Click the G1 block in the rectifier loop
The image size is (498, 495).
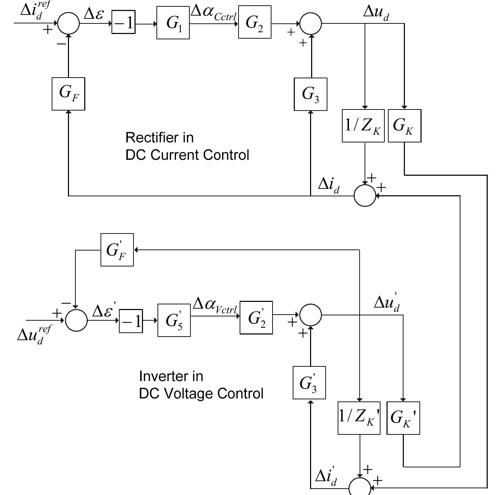(173, 23)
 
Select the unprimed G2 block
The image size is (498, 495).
(254, 22)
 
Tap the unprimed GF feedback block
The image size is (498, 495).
(68, 94)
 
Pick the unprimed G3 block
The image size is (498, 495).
(310, 94)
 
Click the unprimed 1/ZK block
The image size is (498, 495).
(363, 126)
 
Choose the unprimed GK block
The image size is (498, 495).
(405, 126)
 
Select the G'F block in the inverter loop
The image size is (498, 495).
(117, 250)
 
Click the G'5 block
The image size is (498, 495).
(174, 320)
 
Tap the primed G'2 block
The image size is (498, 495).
(256, 318)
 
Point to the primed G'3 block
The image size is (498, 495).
(309, 383)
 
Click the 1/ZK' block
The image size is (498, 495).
(359, 418)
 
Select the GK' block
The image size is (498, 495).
(403, 418)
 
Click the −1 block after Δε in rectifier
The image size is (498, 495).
(124, 23)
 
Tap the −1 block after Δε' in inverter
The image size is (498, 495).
(131, 321)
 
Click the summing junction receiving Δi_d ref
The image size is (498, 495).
(68, 23)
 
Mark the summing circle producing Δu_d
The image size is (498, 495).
(311, 24)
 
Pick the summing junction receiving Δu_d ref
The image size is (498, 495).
(76, 320)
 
